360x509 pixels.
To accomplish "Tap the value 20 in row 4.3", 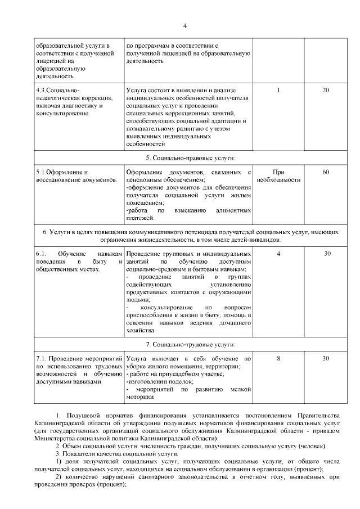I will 326,90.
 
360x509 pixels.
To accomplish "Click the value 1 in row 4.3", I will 278,90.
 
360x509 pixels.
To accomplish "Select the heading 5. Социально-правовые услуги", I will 190,157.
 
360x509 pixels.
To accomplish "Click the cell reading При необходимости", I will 278,175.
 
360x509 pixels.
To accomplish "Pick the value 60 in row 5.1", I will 326,172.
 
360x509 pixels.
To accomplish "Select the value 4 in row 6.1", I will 278,254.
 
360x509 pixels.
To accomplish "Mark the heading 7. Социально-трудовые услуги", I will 190,344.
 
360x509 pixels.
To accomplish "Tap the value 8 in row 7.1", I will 278,358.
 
